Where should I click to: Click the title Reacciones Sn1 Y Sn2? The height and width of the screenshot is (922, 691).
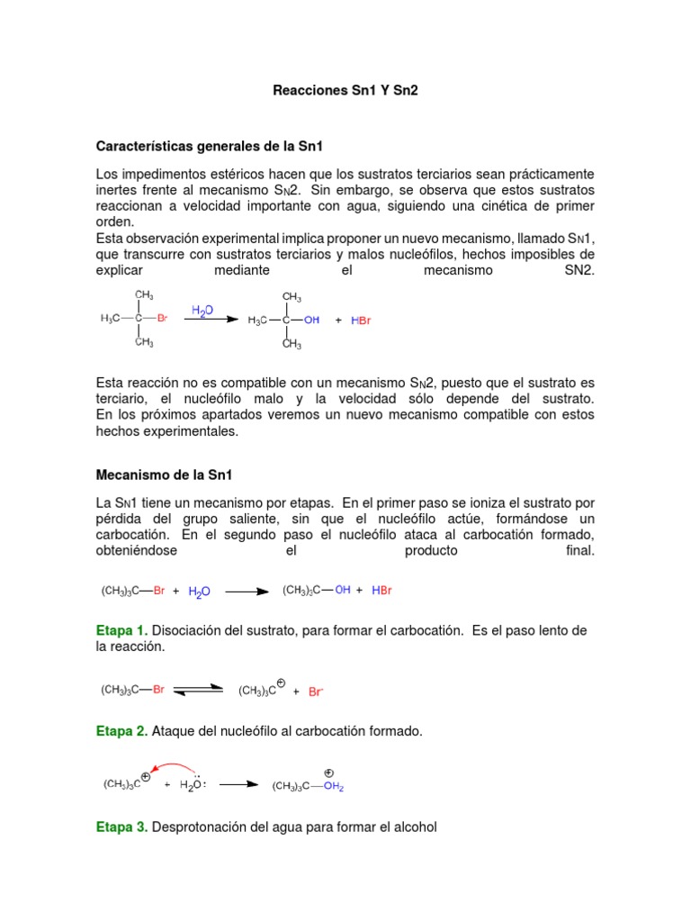coord(345,91)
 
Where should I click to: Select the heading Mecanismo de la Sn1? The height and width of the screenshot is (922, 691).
coord(164,475)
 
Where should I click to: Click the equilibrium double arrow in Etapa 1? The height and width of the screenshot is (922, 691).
coord(198,690)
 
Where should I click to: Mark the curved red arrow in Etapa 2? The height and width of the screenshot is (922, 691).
coord(171,767)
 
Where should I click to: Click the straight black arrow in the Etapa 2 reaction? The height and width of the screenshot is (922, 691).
coord(238,784)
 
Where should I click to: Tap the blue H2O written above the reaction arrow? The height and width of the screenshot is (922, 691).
coord(202,311)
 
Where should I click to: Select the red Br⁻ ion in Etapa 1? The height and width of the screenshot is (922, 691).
coord(316,691)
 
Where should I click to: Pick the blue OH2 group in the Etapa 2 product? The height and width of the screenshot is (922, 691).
coord(334,786)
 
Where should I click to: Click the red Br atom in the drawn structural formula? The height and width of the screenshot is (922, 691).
coord(163,318)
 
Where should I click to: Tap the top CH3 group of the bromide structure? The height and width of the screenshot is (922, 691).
coord(143,294)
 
